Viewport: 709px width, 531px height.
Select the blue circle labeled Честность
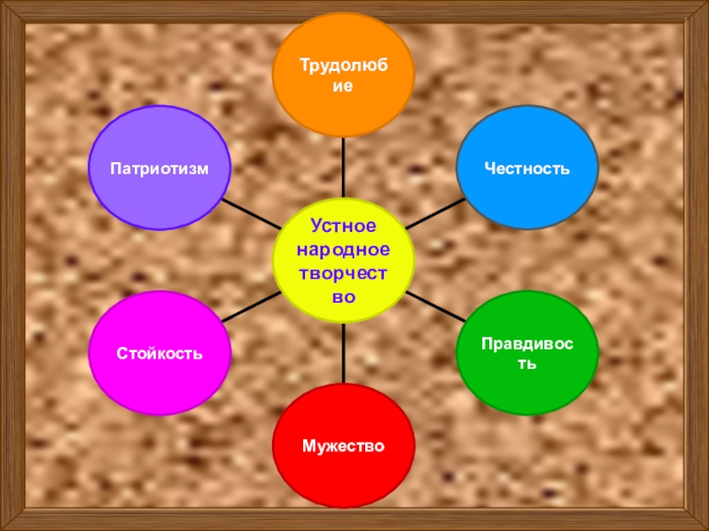click(x=526, y=168)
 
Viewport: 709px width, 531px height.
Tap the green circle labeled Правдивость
click(x=526, y=354)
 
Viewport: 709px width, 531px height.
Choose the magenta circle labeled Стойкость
click(x=160, y=354)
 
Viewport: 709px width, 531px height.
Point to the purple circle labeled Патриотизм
click(x=160, y=168)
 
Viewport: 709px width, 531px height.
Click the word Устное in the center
click(x=343, y=228)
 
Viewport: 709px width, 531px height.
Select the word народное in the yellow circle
click(x=343, y=251)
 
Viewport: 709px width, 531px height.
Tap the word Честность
click(x=526, y=168)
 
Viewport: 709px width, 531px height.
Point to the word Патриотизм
click(x=160, y=168)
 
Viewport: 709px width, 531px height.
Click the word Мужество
click(x=343, y=445)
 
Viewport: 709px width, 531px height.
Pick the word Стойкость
click(x=160, y=354)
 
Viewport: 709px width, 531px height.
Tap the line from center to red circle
click(x=343, y=354)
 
